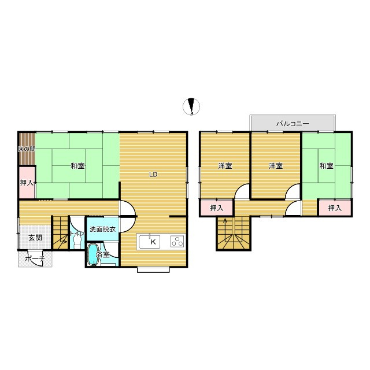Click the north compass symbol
pos(191,106)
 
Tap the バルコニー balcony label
pos(293,123)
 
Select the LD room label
pos(153,175)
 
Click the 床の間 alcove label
pos(27,149)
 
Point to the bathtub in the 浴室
pos(92,254)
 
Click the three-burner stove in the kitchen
pos(177,241)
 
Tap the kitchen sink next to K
pos(149,242)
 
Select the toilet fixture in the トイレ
pos(77,242)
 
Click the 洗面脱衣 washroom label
pos(103,229)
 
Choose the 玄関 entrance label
pos(35,238)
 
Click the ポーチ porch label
pos(35,259)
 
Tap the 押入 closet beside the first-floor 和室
pos(27,183)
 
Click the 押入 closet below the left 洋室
pos(217,208)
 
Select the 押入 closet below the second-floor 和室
pos(335,208)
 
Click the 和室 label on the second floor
pos(326,166)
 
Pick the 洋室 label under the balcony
pos(276,166)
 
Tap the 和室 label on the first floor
pos(77,166)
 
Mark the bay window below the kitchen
pos(153,269)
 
